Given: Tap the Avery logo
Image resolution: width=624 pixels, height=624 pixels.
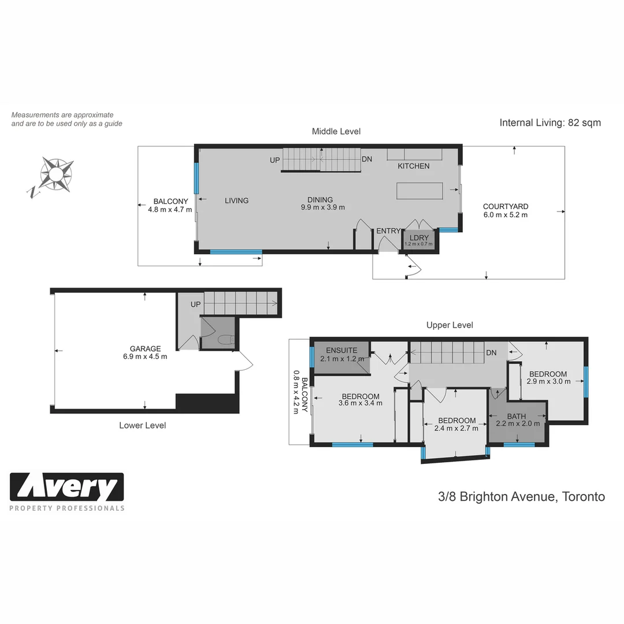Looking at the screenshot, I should pos(67,488).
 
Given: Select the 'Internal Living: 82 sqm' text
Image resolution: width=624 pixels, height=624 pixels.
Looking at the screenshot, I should pos(549,122).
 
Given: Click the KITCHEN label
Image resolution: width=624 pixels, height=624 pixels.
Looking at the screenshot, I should pos(413,166).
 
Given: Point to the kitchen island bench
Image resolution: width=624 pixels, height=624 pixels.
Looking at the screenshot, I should pos(419,190).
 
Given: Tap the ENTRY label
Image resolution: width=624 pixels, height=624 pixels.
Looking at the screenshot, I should pos(388,231).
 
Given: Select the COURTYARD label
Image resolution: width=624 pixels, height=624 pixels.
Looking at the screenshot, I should pos(506,206).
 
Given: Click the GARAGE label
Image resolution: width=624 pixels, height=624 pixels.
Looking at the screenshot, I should pos(145,348).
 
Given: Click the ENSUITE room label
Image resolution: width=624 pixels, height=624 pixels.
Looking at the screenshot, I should pos(341,350).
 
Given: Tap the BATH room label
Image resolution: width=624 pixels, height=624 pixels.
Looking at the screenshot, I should pos(517,416).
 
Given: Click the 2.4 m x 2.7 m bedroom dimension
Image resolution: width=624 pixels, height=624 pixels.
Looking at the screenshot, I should pos(456,428).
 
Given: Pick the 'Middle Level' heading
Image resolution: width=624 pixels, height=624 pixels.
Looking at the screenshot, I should pos(336,132).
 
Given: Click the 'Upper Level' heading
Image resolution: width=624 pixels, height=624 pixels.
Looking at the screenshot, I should pos(450,325).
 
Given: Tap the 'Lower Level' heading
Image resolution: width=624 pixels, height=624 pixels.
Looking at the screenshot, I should pos(142,425).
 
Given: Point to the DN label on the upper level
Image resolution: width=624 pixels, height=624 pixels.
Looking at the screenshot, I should pos(491,352).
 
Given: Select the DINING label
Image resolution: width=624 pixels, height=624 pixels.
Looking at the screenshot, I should pos(320,200).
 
